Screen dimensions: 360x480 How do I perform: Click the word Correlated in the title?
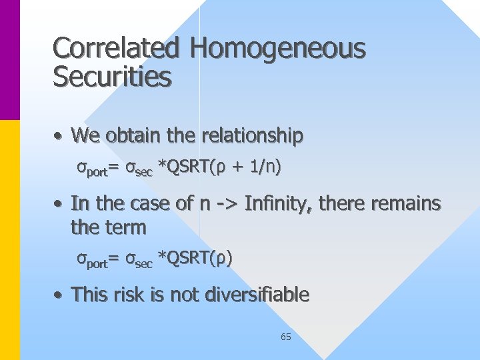coord(117,49)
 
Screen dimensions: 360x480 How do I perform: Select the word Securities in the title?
coord(112,78)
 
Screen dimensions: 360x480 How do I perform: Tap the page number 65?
coord(285,337)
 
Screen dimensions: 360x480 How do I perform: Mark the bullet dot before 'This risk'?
coord(59,295)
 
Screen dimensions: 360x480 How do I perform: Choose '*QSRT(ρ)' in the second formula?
coord(195,258)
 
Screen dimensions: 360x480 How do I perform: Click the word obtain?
coord(129,136)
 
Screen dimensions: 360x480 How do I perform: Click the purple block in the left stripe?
coord(10,60)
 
